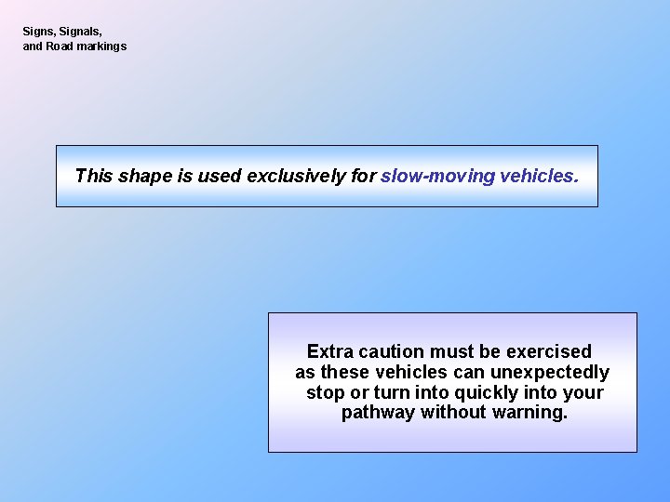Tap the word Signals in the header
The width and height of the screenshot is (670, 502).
[81, 32]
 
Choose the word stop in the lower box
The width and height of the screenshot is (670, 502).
[325, 392]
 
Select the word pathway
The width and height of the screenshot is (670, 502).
[378, 413]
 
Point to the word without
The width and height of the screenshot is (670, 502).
[453, 413]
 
